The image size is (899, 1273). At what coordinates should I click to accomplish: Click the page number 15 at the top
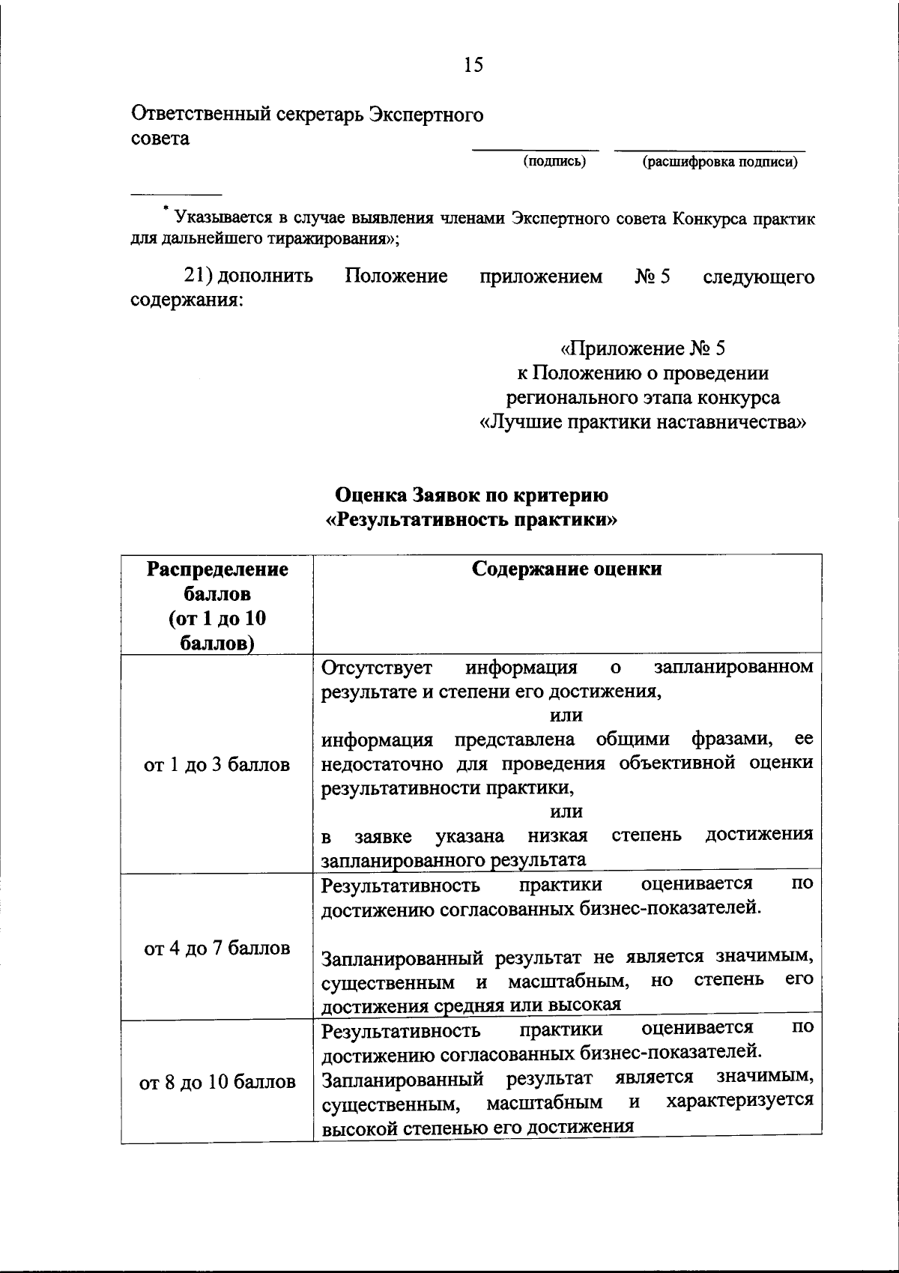pyautogui.click(x=473, y=65)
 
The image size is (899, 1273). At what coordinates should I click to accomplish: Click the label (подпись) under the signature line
pyautogui.click(x=554, y=161)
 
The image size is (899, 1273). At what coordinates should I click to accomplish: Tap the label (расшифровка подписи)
pyautogui.click(x=720, y=162)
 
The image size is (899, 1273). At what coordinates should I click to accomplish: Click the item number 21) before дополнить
pyautogui.click(x=200, y=276)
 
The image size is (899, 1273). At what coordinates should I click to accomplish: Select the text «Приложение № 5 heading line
pyautogui.click(x=643, y=348)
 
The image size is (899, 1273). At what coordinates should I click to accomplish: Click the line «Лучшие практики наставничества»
pyautogui.click(x=642, y=422)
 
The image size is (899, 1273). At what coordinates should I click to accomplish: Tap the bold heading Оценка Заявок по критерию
pyautogui.click(x=472, y=495)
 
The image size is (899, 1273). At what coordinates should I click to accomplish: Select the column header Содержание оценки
pyautogui.click(x=566, y=569)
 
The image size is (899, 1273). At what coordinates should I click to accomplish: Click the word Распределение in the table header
pyautogui.click(x=217, y=569)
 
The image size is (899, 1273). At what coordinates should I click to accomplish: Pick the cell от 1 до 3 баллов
pyautogui.click(x=217, y=765)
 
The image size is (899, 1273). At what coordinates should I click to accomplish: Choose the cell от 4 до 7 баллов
pyautogui.click(x=217, y=949)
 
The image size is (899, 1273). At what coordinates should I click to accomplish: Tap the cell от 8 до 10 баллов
pyautogui.click(x=217, y=1083)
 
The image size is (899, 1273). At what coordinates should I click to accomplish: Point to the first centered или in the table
pyautogui.click(x=566, y=716)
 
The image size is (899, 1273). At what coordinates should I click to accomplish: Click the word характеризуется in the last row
pyautogui.click(x=739, y=1101)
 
